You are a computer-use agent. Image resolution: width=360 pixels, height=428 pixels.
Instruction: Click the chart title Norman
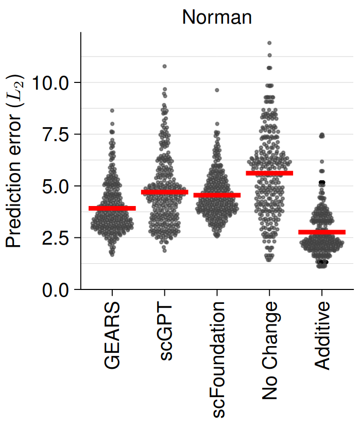click(x=217, y=17)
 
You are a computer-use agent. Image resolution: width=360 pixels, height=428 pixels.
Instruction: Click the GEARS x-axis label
click(x=112, y=335)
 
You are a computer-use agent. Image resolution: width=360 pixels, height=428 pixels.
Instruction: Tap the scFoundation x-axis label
click(x=217, y=355)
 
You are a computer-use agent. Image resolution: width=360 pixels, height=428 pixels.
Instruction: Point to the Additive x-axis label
click(x=322, y=336)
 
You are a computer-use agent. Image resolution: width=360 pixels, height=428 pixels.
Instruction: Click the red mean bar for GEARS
click(x=112, y=208)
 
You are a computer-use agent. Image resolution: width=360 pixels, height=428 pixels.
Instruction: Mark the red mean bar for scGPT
click(x=165, y=192)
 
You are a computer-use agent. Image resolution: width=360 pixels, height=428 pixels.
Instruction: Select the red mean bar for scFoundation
click(x=217, y=195)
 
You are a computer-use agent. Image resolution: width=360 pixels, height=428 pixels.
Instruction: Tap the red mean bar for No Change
click(x=269, y=173)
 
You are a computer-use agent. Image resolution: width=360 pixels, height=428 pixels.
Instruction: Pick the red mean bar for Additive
click(x=322, y=232)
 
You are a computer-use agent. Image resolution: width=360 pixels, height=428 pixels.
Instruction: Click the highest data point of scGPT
click(x=165, y=66)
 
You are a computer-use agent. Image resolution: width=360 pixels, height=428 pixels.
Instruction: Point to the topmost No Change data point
click(x=269, y=43)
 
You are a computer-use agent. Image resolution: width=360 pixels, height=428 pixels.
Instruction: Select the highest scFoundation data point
click(x=217, y=90)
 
